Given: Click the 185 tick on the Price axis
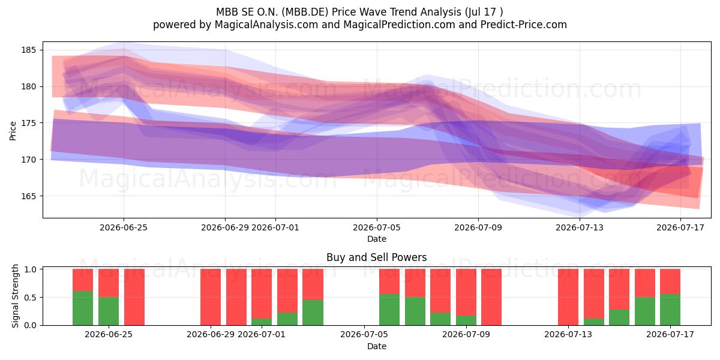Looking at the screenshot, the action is [29, 50].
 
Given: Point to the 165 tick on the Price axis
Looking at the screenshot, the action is [29, 196].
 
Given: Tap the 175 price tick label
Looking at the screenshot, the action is [29, 123].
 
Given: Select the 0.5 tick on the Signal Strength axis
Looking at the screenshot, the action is [30, 298].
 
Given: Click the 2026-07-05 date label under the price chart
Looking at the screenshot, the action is [377, 227].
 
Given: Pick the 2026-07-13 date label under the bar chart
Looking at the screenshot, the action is [568, 334].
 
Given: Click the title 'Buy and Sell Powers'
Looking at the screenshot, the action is [376, 257].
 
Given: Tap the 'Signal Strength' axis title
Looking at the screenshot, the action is [15, 296].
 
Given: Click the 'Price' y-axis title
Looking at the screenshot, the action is [13, 131].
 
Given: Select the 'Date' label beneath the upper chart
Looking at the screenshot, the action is [377, 239].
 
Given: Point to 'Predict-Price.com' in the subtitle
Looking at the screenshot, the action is [524, 25].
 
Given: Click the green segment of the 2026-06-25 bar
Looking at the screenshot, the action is [109, 311].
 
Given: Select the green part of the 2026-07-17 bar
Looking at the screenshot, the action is [670, 310].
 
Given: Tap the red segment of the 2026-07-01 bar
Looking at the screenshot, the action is [262, 293].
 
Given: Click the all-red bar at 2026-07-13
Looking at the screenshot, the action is [568, 297].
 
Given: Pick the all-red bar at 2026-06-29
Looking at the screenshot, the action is [211, 297].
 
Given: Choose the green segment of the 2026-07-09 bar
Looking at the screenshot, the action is [466, 320].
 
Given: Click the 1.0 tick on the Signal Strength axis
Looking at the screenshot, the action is [30, 269].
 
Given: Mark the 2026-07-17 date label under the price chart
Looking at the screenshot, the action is [680, 227].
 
